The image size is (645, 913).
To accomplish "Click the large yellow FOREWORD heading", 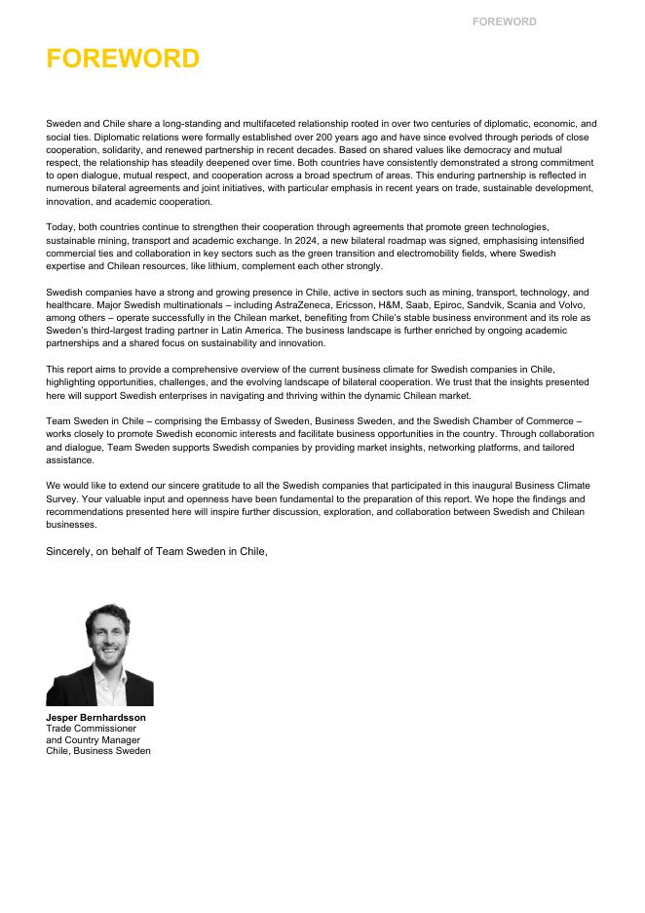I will coord(123,59).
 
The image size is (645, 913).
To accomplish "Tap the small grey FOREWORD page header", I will coord(504,21).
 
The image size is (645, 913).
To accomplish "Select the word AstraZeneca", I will coord(300,305).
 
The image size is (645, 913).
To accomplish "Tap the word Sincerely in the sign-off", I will coord(69,552).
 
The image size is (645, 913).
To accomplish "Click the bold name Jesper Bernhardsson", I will coord(95,718).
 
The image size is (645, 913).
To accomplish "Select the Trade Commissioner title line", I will coord(91,729).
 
